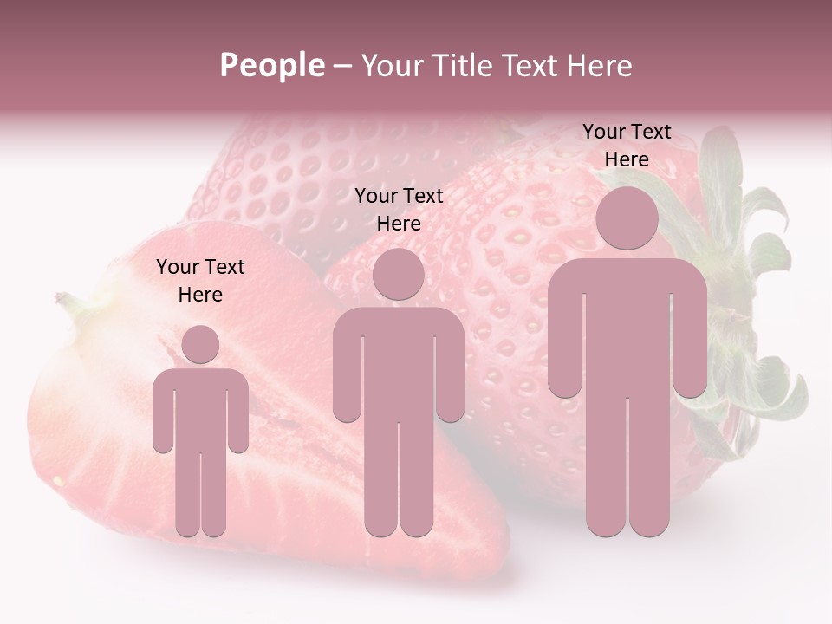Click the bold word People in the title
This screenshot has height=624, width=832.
point(272,66)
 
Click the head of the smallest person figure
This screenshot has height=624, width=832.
point(200,344)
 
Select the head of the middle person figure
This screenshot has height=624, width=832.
point(398,274)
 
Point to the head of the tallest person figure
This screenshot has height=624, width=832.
point(627,218)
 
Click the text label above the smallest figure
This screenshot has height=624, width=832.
point(200,281)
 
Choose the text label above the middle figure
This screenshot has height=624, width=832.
point(399,210)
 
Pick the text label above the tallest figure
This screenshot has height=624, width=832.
point(627,146)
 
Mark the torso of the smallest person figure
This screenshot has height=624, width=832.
point(200,407)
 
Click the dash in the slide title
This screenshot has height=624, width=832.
point(342,66)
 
